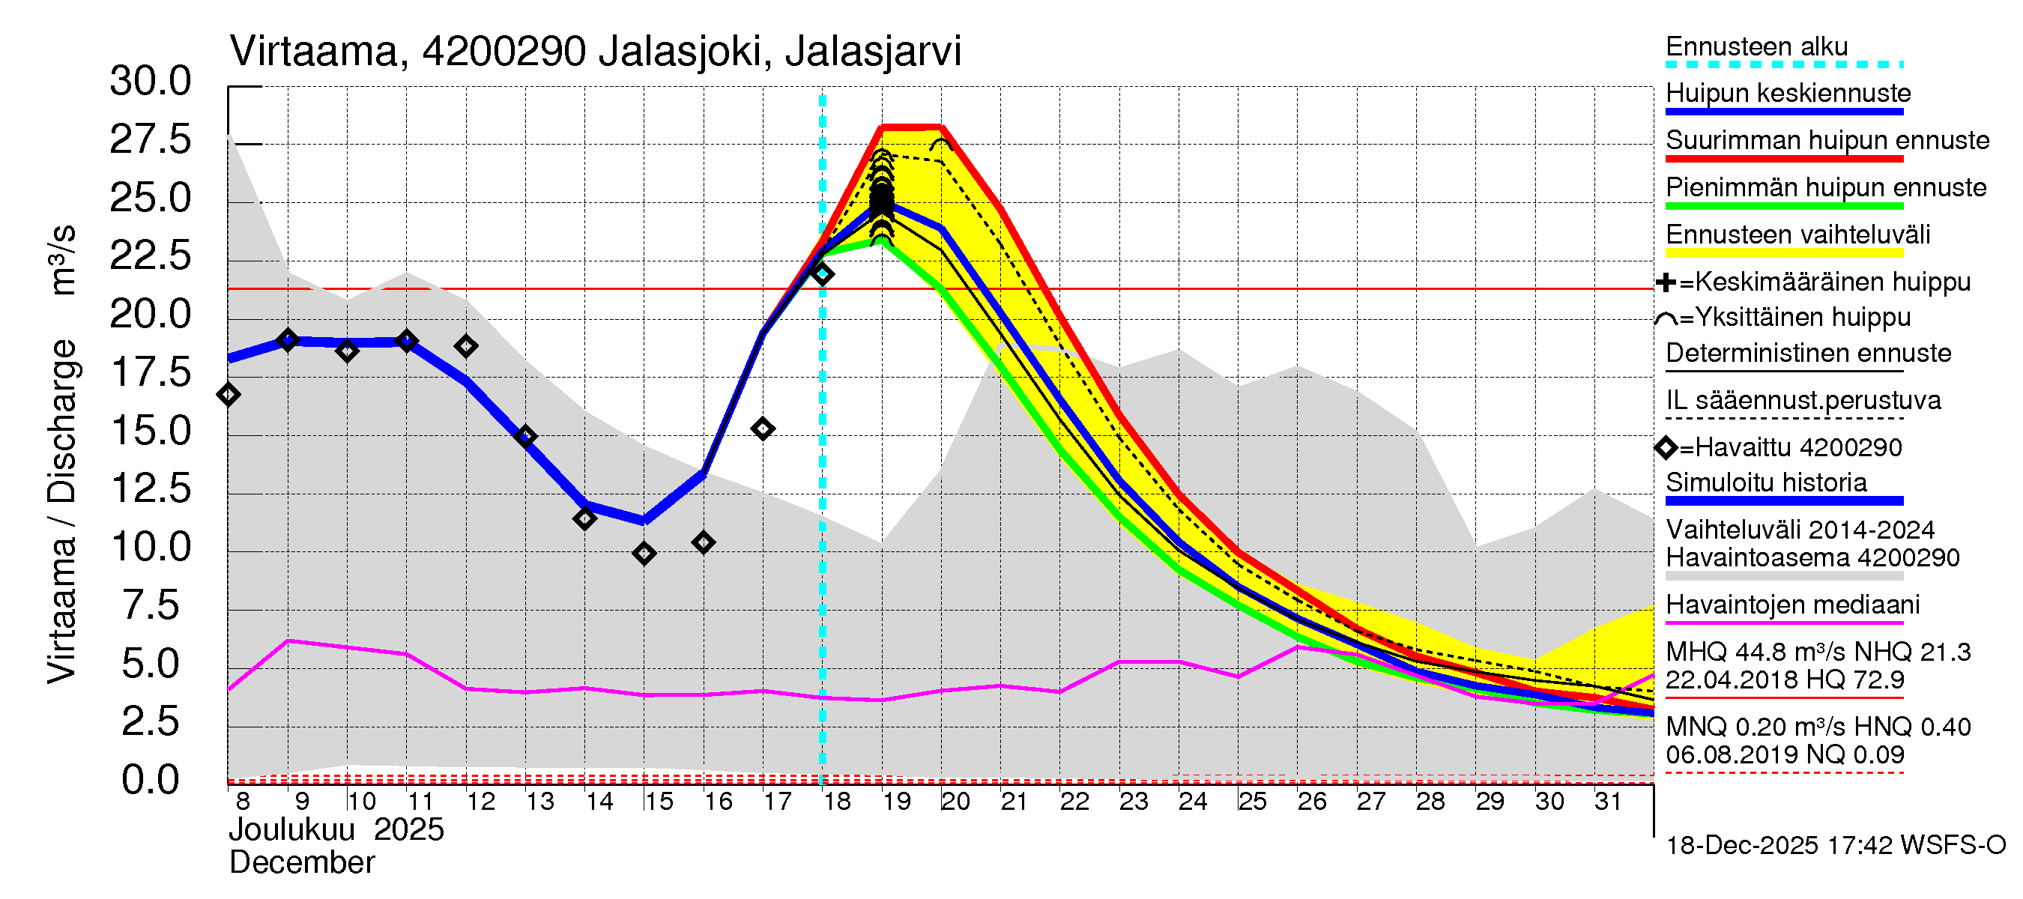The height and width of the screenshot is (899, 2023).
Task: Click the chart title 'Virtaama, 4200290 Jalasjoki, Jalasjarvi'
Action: (x=595, y=52)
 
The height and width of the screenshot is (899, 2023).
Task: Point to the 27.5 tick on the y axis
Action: (x=150, y=140)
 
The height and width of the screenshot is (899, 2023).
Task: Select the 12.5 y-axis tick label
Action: (x=150, y=488)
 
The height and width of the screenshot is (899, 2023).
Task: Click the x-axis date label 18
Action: (x=837, y=802)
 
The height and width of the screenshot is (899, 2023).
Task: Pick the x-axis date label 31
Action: (x=1608, y=802)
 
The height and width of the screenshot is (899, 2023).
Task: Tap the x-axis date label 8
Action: (x=243, y=802)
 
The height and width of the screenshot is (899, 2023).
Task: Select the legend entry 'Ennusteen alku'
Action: (x=1757, y=46)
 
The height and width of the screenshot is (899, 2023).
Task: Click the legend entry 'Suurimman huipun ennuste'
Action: (x=1827, y=141)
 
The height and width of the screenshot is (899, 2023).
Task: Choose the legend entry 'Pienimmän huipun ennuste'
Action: (x=1826, y=187)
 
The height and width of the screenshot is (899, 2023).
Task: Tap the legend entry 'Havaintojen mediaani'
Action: (x=1793, y=605)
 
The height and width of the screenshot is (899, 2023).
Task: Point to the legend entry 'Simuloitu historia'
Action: (x=1766, y=482)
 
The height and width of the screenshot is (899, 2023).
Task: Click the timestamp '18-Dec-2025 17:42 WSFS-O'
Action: (x=1835, y=846)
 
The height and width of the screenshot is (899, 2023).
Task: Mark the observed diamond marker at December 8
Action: (x=229, y=394)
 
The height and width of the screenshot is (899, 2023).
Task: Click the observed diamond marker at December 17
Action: (x=763, y=429)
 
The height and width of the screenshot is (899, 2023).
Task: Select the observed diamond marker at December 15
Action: (x=644, y=554)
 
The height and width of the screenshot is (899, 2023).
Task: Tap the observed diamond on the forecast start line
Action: (x=822, y=274)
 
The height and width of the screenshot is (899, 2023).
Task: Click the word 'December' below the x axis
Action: (x=301, y=863)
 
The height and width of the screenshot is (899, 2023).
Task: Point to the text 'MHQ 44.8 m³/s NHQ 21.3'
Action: (x=1818, y=653)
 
